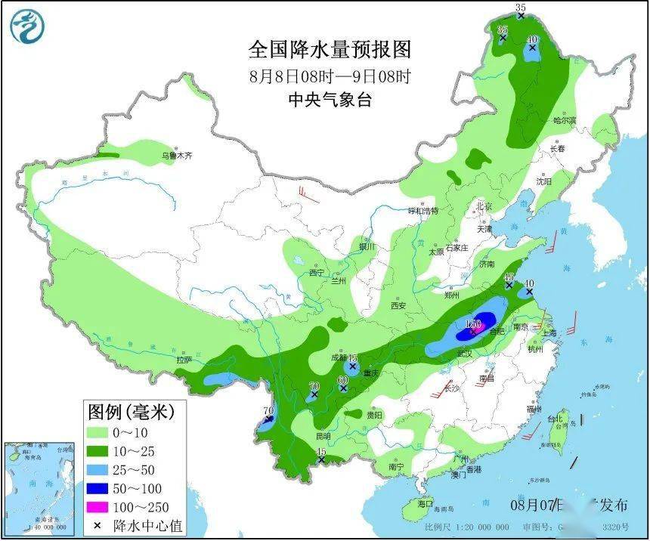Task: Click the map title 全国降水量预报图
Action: pos(330,50)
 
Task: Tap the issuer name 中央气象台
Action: pos(330,99)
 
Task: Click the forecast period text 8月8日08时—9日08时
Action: pos(330,76)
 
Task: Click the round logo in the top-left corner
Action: pos(27,27)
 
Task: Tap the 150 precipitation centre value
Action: pos(474,324)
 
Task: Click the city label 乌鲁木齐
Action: pos(177,156)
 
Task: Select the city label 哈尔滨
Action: pos(564,120)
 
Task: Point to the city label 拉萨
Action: pos(184,360)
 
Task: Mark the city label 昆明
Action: pos(323,437)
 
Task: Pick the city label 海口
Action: pos(426,503)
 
